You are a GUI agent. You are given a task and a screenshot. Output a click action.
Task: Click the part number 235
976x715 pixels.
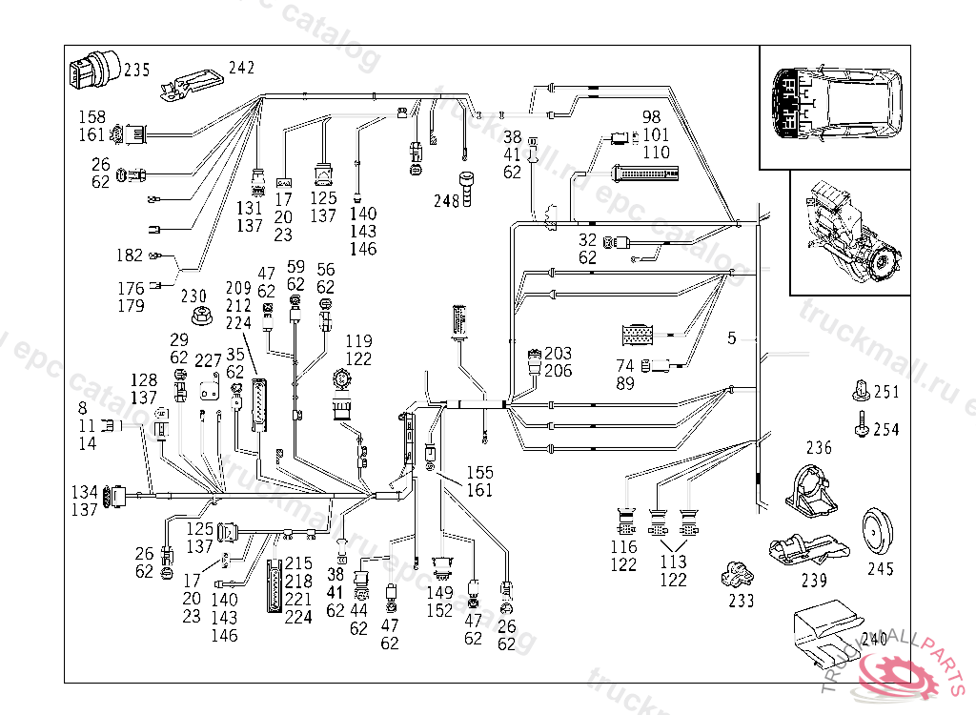tap(136, 70)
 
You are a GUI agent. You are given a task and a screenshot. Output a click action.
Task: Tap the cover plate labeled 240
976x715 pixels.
tap(826, 632)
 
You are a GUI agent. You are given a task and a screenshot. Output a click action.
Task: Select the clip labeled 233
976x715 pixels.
tap(739, 575)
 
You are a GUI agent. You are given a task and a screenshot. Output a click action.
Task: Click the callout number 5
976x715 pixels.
tap(732, 337)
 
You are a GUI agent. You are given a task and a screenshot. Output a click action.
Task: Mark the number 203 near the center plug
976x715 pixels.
tap(558, 354)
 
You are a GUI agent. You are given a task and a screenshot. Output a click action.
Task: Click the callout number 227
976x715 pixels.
tap(208, 361)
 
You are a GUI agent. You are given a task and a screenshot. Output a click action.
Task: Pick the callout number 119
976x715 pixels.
tap(358, 341)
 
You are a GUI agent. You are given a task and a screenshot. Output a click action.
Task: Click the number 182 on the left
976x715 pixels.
tap(130, 255)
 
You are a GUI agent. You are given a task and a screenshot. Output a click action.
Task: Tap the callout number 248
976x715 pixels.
tap(446, 201)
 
